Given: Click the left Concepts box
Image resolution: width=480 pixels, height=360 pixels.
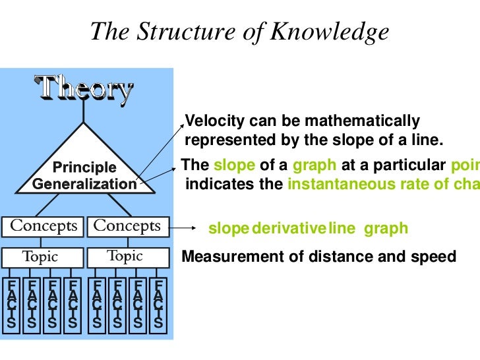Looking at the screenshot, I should coord(44,225).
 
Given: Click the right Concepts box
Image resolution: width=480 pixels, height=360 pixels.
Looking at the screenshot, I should coord(127,225).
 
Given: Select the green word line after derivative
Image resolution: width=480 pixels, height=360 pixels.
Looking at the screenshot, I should coord(341,229).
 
